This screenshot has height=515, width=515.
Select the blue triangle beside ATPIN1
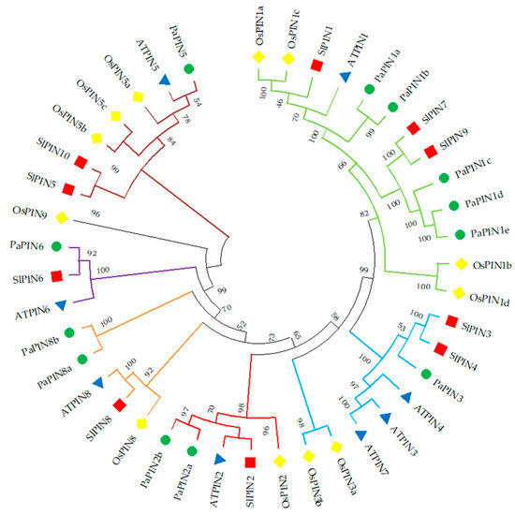pyautogui.click(x=342, y=76)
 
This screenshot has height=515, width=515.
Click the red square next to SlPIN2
pyautogui.click(x=250, y=462)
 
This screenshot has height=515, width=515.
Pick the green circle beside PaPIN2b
pyautogui.click(x=167, y=439)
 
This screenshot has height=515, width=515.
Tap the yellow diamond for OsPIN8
pyautogui.click(x=141, y=424)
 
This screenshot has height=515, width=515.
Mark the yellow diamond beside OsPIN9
pyautogui.click(x=62, y=218)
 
